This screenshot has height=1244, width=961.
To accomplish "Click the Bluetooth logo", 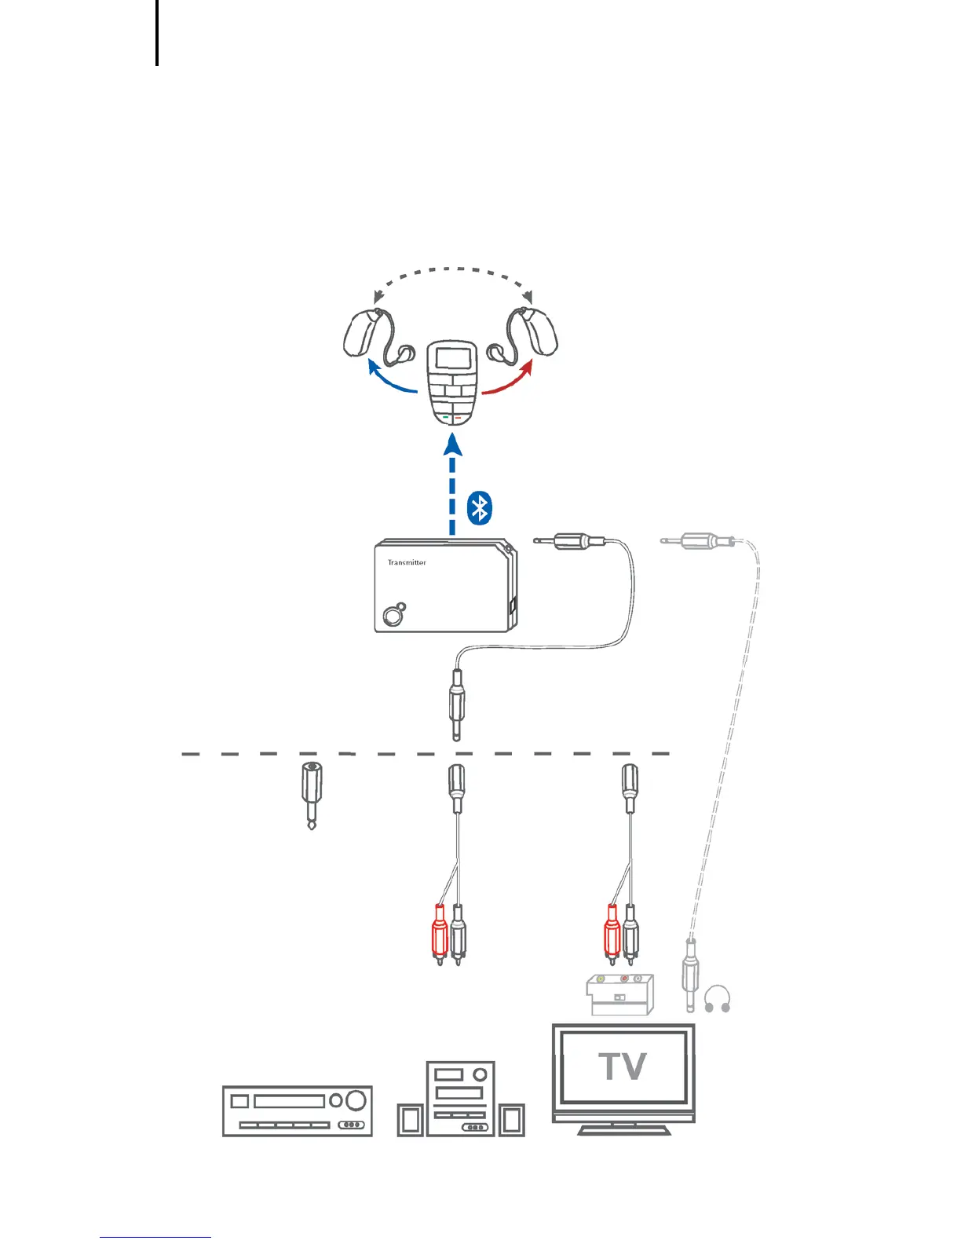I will tap(479, 508).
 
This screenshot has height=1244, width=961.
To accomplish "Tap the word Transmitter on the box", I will tap(407, 562).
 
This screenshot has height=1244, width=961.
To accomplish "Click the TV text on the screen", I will tap(623, 1067).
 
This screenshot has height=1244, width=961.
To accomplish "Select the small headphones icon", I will tap(717, 999).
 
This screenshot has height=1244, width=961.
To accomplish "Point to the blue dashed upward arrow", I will tap(452, 487).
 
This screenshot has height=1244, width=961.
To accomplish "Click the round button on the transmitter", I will tap(391, 617).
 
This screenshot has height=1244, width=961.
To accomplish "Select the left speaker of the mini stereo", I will tap(410, 1120).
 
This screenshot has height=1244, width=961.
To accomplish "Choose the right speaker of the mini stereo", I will tap(512, 1120).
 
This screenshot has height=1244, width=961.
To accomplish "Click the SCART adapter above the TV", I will tap(620, 994).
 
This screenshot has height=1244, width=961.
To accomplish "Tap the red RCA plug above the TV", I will tap(612, 935).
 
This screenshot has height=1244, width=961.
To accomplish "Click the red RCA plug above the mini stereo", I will tap(439, 935).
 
